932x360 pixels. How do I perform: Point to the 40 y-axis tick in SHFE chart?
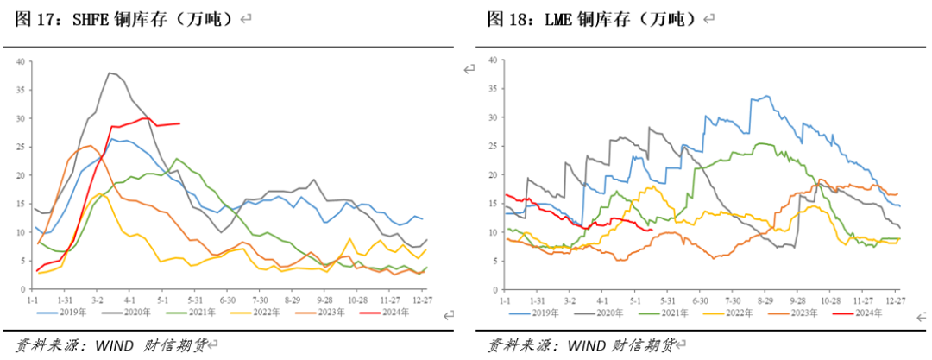click(x=22, y=60)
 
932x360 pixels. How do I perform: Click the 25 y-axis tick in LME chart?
click(x=492, y=146)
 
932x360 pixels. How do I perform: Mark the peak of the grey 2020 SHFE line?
click(x=110, y=73)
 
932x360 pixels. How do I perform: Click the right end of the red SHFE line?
click(x=179, y=123)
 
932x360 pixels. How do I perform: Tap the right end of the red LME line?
click(x=651, y=230)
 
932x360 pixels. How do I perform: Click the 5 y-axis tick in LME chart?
click(x=494, y=262)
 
